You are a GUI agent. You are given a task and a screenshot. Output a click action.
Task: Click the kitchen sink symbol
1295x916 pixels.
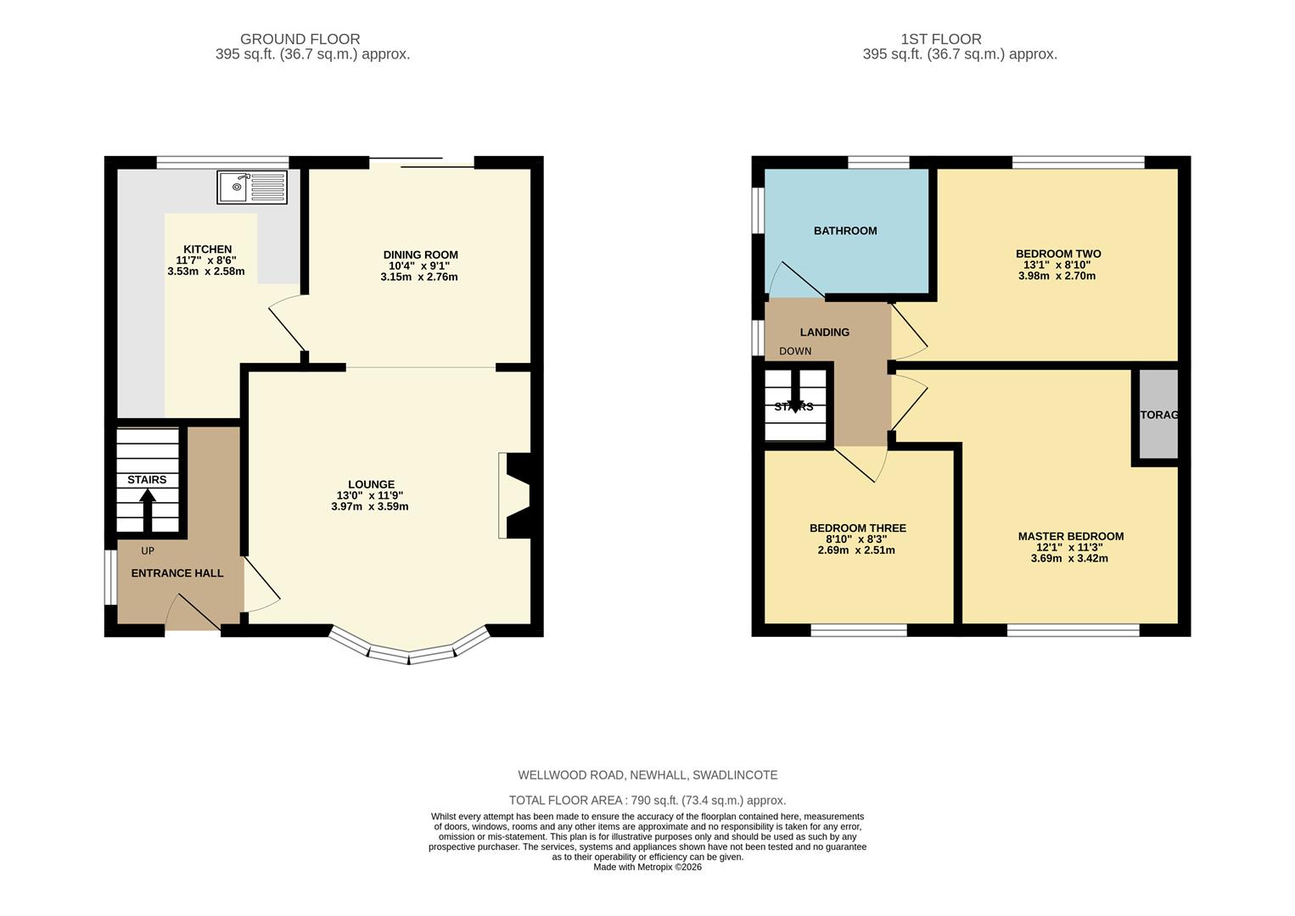[252, 187]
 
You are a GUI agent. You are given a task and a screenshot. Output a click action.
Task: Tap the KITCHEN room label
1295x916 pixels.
[207, 249]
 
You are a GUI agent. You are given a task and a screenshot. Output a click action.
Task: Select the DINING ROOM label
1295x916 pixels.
[420, 254]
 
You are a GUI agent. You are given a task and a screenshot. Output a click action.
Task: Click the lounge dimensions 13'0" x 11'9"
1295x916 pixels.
[370, 495]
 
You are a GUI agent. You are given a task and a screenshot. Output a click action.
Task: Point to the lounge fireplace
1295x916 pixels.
[517, 496]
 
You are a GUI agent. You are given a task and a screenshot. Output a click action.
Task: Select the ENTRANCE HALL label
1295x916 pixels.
[177, 573]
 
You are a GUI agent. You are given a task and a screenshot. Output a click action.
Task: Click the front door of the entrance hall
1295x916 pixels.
[193, 614]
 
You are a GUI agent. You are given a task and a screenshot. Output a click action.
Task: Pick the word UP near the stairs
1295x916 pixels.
[148, 550]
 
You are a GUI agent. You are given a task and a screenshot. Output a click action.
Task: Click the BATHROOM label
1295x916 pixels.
[845, 231]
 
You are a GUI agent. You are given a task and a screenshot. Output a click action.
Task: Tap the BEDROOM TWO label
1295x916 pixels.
[1058, 254]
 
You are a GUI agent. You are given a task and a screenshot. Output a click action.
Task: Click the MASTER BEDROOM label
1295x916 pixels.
[1071, 536]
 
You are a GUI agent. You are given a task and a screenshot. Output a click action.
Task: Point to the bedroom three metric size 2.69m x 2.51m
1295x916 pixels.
[856, 550]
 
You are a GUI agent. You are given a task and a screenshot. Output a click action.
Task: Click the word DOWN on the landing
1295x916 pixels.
[795, 351]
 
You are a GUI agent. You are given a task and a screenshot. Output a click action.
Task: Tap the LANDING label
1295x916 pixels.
[824, 332]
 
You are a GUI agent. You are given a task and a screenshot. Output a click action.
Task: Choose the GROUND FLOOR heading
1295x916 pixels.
[300, 39]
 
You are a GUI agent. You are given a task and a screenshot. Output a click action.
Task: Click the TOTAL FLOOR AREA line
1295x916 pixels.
[647, 800]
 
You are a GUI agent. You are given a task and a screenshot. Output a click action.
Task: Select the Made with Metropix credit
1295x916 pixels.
[647, 867]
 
